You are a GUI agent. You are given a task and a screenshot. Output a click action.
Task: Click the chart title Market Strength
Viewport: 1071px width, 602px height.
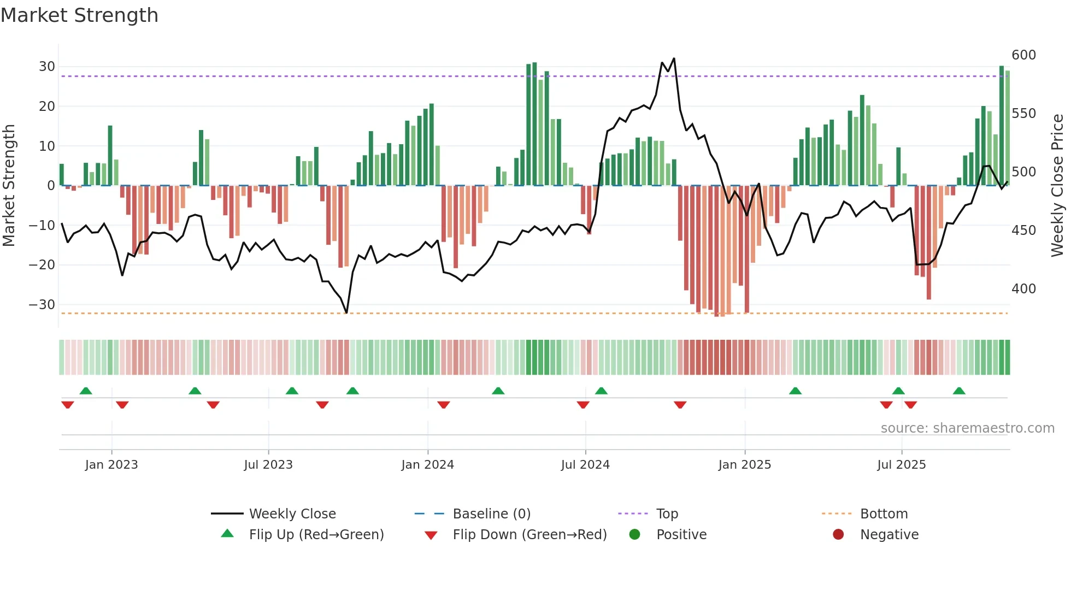click(79, 15)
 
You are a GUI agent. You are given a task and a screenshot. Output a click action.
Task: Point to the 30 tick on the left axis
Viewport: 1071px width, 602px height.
click(47, 67)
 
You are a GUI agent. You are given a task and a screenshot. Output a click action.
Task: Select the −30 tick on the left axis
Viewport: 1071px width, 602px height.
click(42, 304)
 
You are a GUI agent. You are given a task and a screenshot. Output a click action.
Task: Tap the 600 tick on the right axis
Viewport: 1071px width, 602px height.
click(1023, 55)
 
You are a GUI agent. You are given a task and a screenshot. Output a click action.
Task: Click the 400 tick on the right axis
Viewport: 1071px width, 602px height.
click(1023, 288)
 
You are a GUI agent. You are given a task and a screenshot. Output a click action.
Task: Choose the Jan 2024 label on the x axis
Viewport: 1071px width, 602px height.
click(427, 465)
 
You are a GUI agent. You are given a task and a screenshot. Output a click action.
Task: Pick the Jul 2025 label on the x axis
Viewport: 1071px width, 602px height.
click(901, 465)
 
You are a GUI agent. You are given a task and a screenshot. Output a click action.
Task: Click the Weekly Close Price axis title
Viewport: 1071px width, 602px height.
click(1057, 186)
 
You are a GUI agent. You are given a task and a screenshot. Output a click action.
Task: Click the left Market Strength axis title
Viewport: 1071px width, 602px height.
click(9, 186)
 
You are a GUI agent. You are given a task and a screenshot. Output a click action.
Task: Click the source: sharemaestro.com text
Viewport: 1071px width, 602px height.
click(967, 428)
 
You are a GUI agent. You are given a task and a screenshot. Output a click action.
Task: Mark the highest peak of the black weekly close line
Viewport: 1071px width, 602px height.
click(674, 58)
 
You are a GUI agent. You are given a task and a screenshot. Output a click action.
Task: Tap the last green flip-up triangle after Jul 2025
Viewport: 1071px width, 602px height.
click(959, 391)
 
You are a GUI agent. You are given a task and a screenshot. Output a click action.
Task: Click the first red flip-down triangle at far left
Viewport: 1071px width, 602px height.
click(68, 405)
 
